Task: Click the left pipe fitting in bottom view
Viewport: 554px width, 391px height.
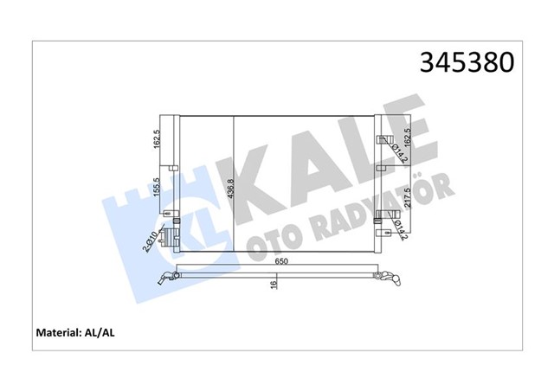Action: point(166,277)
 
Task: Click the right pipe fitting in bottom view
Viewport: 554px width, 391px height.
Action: point(391,279)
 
